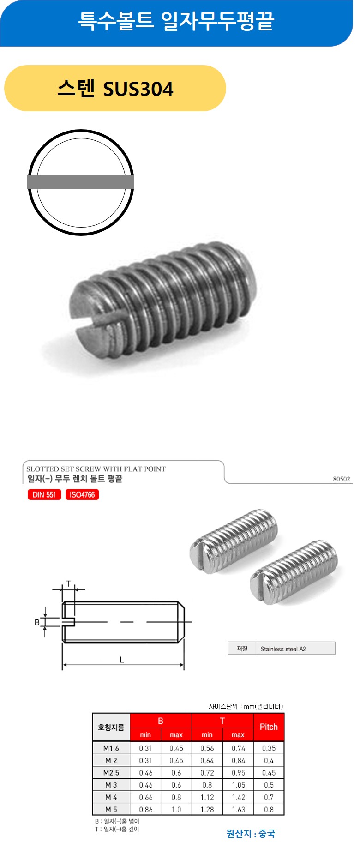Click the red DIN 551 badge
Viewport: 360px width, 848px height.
[44, 494]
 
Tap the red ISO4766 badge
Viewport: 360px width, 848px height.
[82, 494]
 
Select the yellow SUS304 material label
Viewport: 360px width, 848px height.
[115, 88]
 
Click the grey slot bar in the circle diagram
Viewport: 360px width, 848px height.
[81, 182]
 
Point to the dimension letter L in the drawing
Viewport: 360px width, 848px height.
[122, 660]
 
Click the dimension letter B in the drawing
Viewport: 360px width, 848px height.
[37, 622]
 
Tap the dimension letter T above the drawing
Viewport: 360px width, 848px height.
[69, 583]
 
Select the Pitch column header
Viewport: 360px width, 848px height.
[269, 727]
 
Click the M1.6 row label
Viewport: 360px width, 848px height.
[111, 748]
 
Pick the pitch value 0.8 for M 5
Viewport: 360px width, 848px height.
[269, 809]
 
